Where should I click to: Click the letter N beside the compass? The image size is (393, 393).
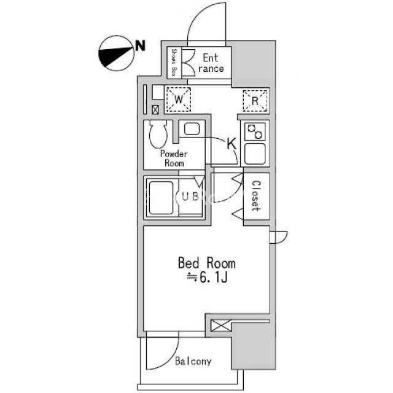141,45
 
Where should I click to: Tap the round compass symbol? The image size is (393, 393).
117,53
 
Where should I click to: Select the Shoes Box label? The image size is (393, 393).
174,63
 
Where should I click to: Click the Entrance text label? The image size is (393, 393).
211,63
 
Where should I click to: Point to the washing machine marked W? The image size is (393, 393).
179,99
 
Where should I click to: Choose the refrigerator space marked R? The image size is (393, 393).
255,101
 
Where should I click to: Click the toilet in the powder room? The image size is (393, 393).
158,134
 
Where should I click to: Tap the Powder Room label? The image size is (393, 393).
174,158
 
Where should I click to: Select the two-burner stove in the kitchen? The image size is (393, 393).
255,131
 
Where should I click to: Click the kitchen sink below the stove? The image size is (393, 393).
255,154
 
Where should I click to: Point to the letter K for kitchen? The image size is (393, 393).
232,144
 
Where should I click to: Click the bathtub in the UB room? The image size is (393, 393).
161,198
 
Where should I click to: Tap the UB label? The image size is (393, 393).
190,196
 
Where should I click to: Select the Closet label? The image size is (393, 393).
256,196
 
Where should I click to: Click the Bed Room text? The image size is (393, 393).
207,263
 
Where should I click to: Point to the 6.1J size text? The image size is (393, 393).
208,277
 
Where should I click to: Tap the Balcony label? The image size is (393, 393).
193,361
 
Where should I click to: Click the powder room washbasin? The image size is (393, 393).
192,130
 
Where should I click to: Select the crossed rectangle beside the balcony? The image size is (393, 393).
221,325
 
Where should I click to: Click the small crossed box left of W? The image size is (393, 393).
155,109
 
